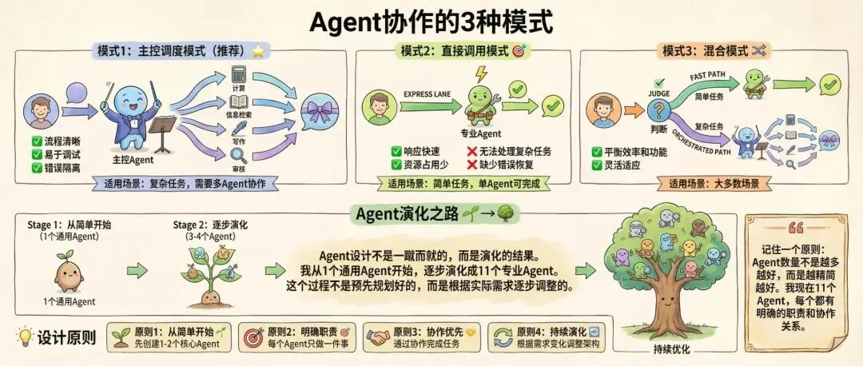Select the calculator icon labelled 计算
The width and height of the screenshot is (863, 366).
pos(238,76)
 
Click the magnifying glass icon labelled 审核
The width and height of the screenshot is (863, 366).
pos(238,152)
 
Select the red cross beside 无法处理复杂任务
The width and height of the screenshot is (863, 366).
pos(474,150)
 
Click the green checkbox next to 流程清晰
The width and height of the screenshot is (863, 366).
pos(37,141)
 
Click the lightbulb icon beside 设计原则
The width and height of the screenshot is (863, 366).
pos(25,336)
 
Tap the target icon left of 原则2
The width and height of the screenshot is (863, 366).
pos(253,336)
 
